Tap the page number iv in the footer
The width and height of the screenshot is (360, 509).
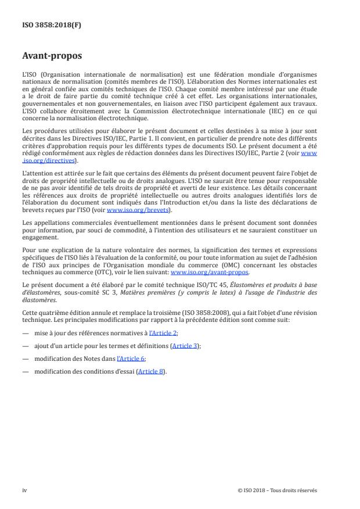pyautogui.click(x=24, y=490)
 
